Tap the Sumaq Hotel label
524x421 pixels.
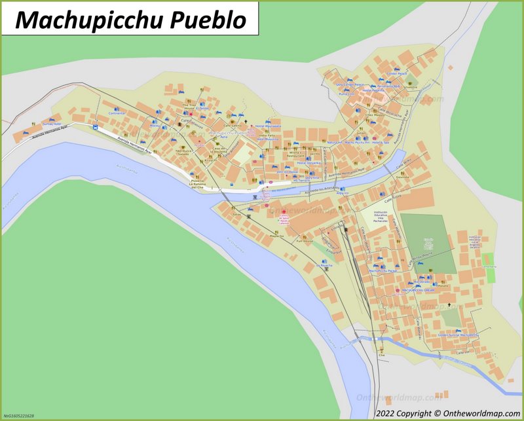[52, 122]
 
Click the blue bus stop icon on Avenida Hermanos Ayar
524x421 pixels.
[96, 128]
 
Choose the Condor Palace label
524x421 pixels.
[398, 74]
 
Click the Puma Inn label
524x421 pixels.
[346, 94]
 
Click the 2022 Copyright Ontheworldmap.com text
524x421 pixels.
[447, 413]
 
